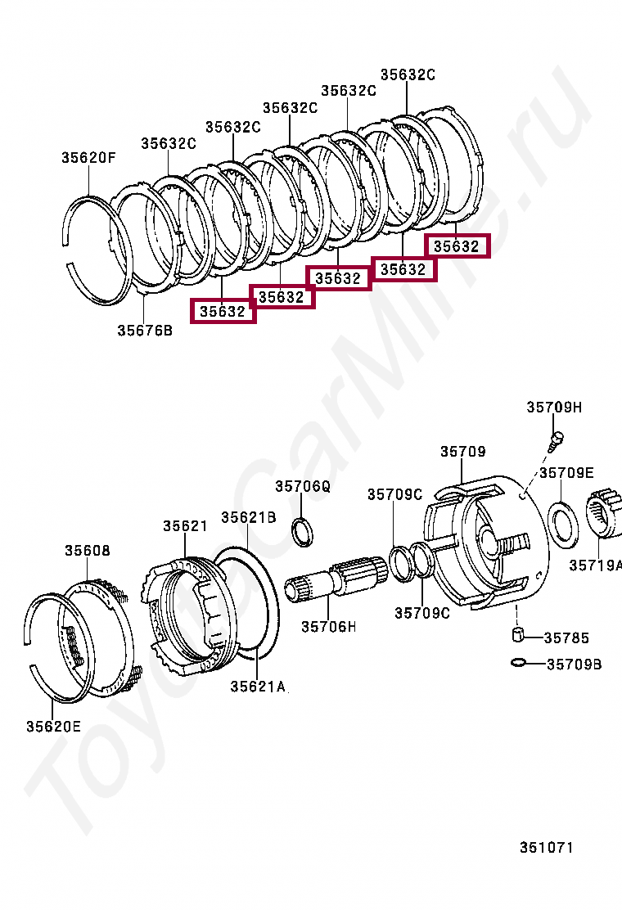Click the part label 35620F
(x=88, y=158)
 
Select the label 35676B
(x=145, y=331)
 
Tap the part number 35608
(x=88, y=551)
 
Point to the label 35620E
(x=53, y=726)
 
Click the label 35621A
(x=257, y=687)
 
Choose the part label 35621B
(x=248, y=517)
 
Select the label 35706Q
(x=302, y=486)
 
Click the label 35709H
(x=553, y=408)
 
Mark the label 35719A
(x=595, y=565)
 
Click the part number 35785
(x=566, y=637)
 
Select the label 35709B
(x=574, y=664)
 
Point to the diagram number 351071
(x=546, y=847)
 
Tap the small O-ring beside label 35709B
(x=517, y=662)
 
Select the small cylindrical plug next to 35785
(x=517, y=634)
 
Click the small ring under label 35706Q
(x=302, y=530)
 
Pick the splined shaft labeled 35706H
(x=336, y=576)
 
